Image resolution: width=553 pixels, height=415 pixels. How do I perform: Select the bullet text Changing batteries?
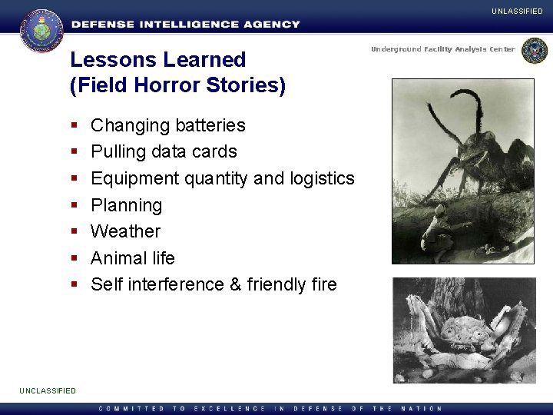pyautogui.click(x=167, y=125)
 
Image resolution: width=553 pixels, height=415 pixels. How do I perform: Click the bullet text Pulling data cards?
pyautogui.click(x=164, y=151)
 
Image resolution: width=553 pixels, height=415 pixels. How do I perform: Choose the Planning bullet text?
pyautogui.click(x=126, y=205)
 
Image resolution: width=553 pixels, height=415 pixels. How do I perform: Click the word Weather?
pyautogui.click(x=125, y=231)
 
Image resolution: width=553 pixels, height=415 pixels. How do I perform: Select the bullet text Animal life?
pyautogui.click(x=132, y=258)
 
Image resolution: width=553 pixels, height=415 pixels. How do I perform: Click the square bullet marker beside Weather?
pyautogui.click(x=75, y=232)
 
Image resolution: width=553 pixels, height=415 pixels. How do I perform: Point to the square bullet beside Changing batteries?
pyautogui.click(x=75, y=126)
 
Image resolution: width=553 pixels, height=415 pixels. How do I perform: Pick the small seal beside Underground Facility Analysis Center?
pyautogui.click(x=534, y=51)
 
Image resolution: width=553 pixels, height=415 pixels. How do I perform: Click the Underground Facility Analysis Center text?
pyautogui.click(x=443, y=49)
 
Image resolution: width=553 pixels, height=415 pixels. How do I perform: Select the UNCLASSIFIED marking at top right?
pyautogui.click(x=518, y=12)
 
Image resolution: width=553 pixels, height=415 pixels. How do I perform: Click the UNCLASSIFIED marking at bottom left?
pyautogui.click(x=48, y=390)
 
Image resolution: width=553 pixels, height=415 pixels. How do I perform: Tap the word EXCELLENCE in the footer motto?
pyautogui.click(x=230, y=408)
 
